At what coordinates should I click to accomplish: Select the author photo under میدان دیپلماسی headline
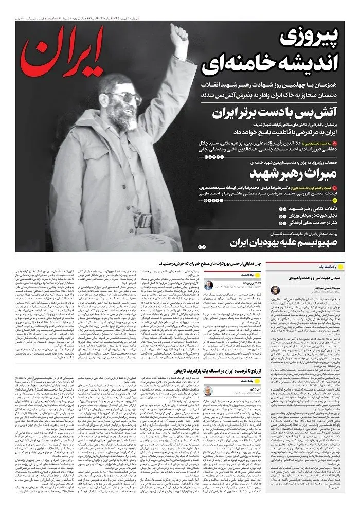[275, 290]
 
